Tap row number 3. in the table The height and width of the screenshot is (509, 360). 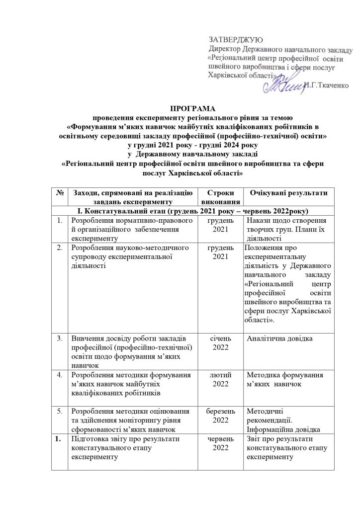pyautogui.click(x=59, y=339)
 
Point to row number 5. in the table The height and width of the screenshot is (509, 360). pyautogui.click(x=59, y=411)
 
